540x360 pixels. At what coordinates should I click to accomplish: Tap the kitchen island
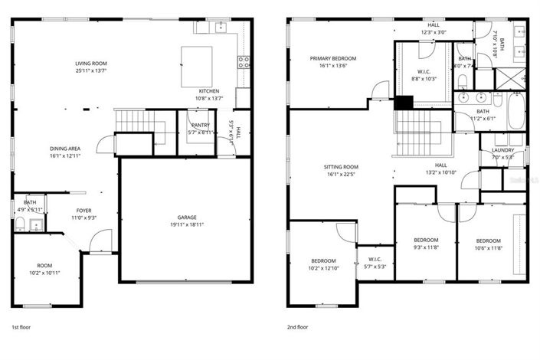tap(196, 67)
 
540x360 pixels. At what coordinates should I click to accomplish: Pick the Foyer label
tap(83, 209)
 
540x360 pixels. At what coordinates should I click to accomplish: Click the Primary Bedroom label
tap(332, 58)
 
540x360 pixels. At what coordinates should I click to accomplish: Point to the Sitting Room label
tap(340, 166)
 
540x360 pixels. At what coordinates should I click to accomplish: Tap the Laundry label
tap(502, 150)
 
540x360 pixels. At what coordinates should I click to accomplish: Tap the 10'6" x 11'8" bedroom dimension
tap(487, 248)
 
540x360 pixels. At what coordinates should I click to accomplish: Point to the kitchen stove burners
tap(244, 63)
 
